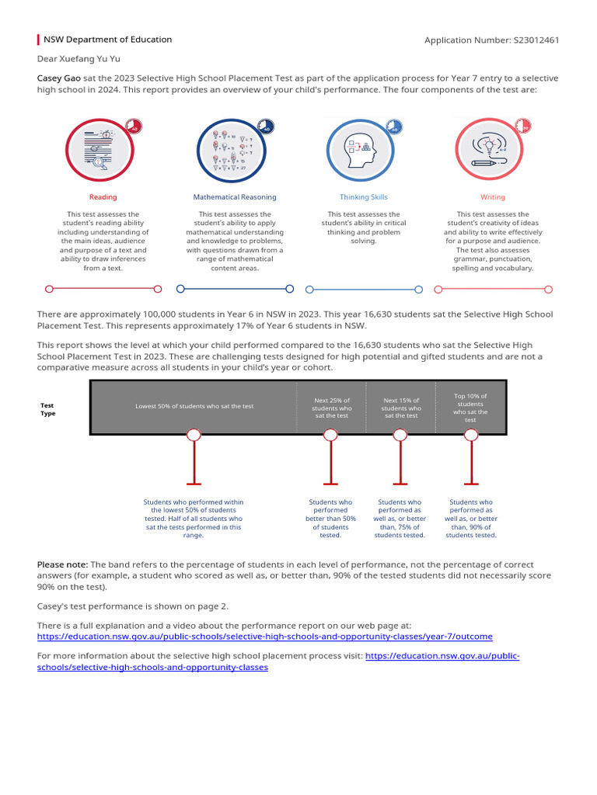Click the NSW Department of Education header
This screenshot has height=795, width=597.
click(x=107, y=40)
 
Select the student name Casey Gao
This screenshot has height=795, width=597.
click(x=59, y=78)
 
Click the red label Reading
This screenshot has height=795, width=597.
click(x=103, y=197)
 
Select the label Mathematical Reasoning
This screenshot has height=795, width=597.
click(x=235, y=197)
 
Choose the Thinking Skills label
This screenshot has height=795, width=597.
click(x=363, y=197)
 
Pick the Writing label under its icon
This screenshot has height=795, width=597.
click(x=492, y=197)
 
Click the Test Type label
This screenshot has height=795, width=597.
click(x=47, y=409)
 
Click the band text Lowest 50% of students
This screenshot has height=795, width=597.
click(x=194, y=406)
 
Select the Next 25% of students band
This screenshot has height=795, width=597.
click(x=330, y=408)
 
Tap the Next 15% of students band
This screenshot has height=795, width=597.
click(x=401, y=408)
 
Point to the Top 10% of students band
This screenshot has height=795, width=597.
click(x=470, y=408)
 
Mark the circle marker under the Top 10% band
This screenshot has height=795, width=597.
click(x=470, y=435)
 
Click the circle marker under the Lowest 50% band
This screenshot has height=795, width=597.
click(x=194, y=435)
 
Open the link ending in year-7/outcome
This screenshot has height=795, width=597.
click(x=264, y=637)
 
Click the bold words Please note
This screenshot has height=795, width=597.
click(x=62, y=564)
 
